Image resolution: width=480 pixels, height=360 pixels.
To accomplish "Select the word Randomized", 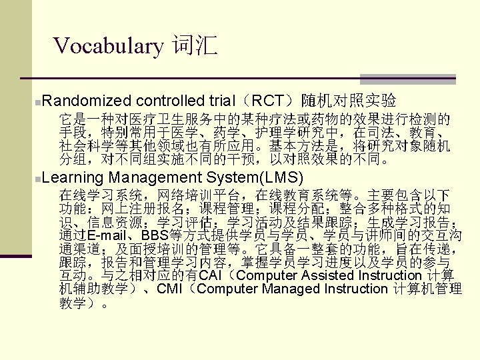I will [x=89, y=101].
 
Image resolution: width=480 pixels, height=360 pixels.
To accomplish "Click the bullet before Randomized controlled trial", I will [x=43, y=102].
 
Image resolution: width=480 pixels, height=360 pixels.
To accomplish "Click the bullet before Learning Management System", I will [x=43, y=179].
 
